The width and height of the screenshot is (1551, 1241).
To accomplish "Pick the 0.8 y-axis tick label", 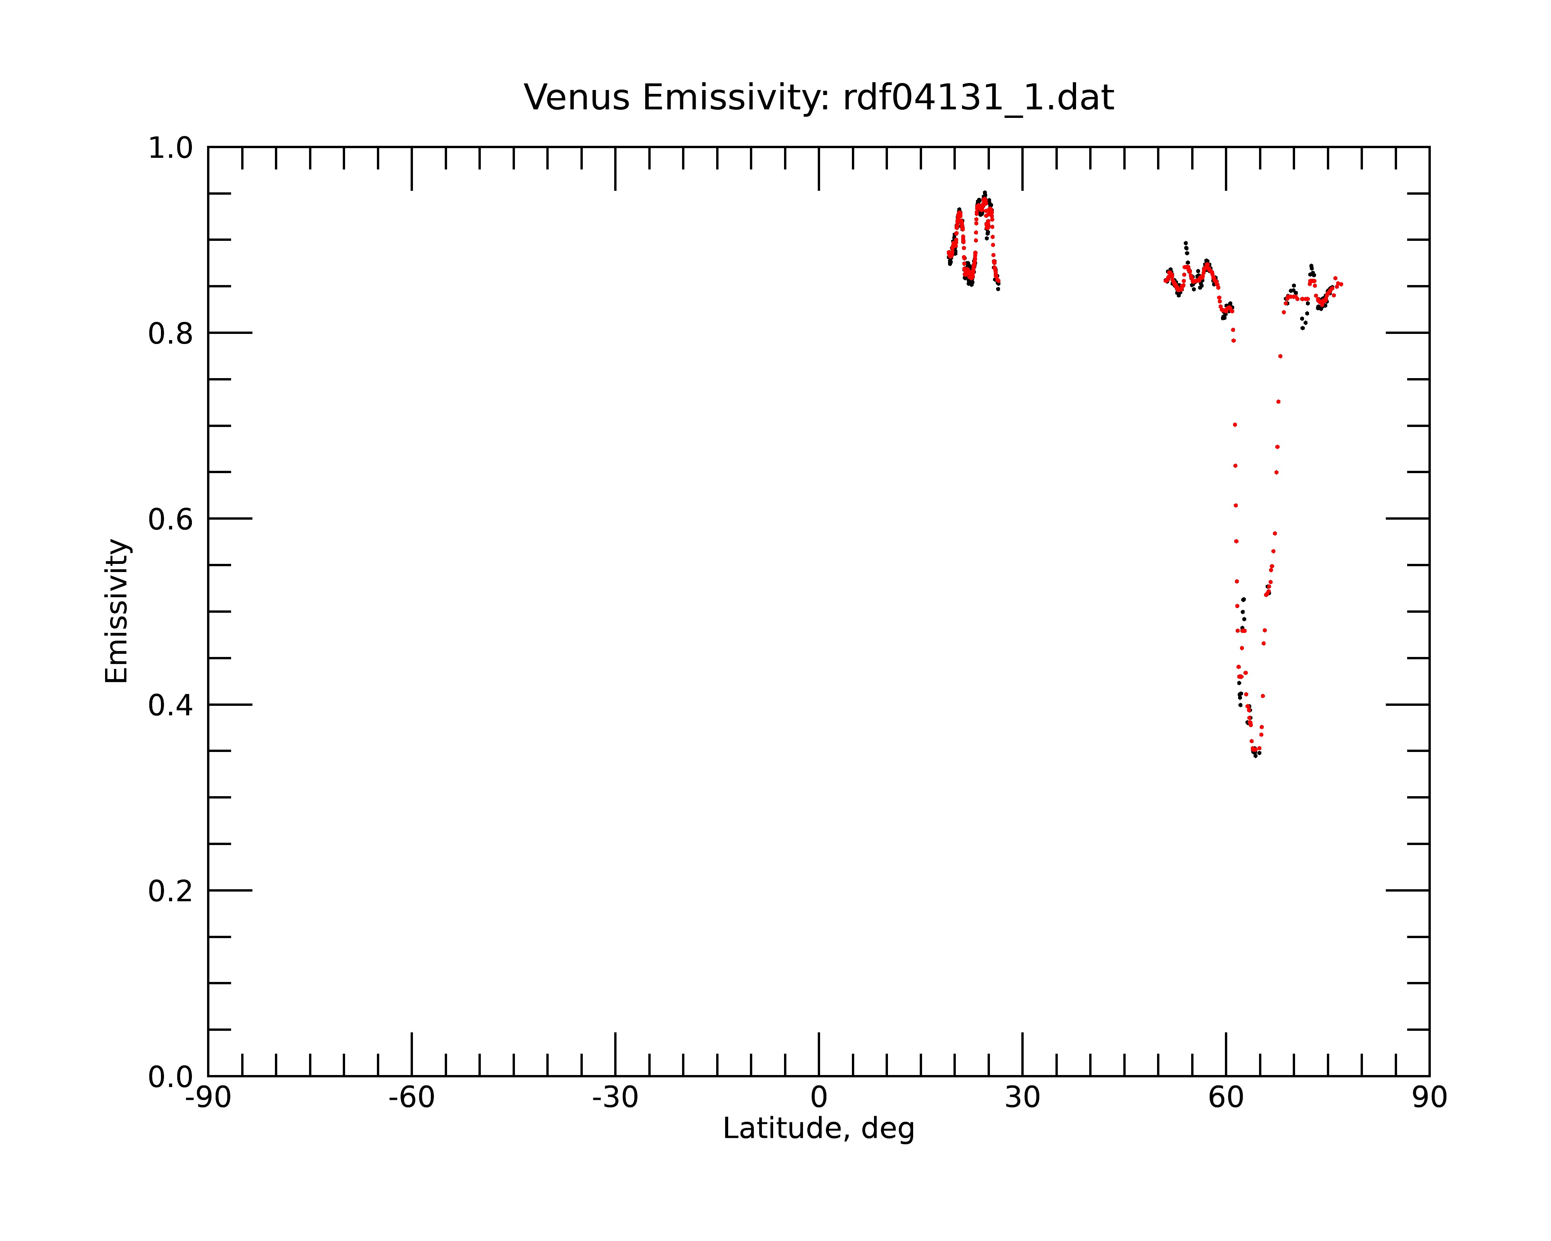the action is tap(171, 334).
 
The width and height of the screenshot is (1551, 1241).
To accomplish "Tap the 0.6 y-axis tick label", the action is tap(171, 519).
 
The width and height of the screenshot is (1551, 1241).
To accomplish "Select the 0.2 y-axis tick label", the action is tap(171, 891).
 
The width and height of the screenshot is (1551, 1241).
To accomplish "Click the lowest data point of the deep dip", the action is tap(1255, 756).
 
